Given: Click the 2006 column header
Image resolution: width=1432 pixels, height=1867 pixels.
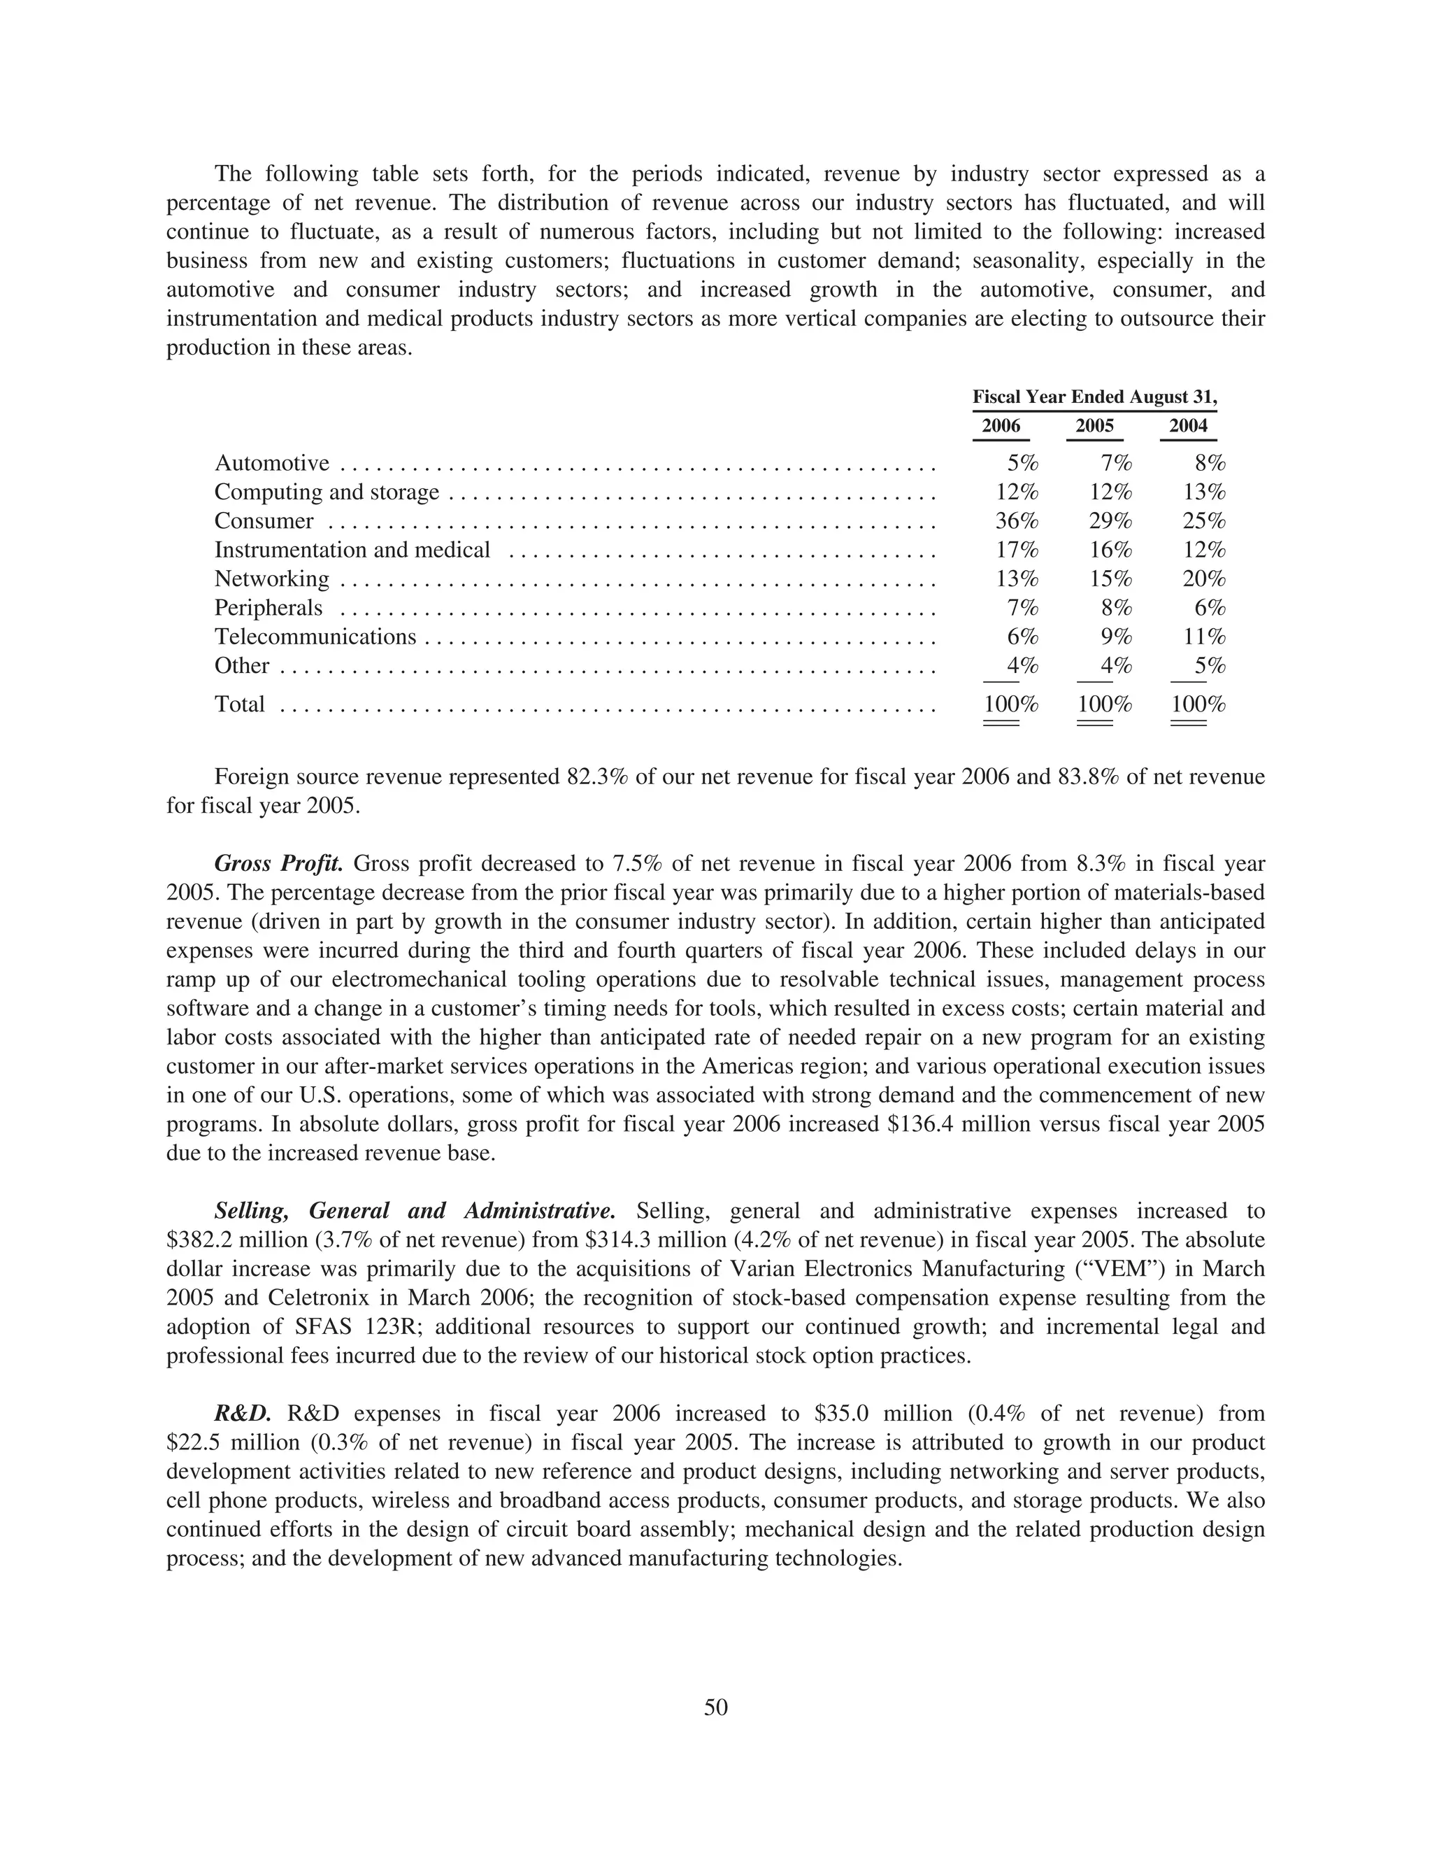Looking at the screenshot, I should click(x=1001, y=425).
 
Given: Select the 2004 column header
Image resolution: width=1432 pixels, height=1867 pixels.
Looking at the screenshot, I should click(x=1188, y=425).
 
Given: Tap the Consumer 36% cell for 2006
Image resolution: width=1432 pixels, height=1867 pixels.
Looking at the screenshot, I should click(x=1016, y=521).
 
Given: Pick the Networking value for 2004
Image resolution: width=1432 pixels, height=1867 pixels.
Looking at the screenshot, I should click(x=1203, y=579).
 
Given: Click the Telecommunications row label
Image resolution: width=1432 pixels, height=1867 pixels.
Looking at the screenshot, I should click(x=315, y=637).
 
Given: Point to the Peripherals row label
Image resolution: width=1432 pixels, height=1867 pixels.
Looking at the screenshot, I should click(x=268, y=608).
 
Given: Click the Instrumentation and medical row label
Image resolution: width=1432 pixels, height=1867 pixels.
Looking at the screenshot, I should click(x=352, y=550).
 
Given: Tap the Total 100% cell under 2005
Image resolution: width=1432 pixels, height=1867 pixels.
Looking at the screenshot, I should click(x=1105, y=704).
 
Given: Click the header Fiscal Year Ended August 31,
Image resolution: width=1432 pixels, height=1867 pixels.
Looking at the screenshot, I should click(x=1094, y=397).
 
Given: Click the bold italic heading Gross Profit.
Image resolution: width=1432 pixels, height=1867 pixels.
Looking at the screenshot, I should click(x=279, y=864).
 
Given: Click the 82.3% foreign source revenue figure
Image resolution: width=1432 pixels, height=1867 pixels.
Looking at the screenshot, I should click(x=598, y=776).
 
